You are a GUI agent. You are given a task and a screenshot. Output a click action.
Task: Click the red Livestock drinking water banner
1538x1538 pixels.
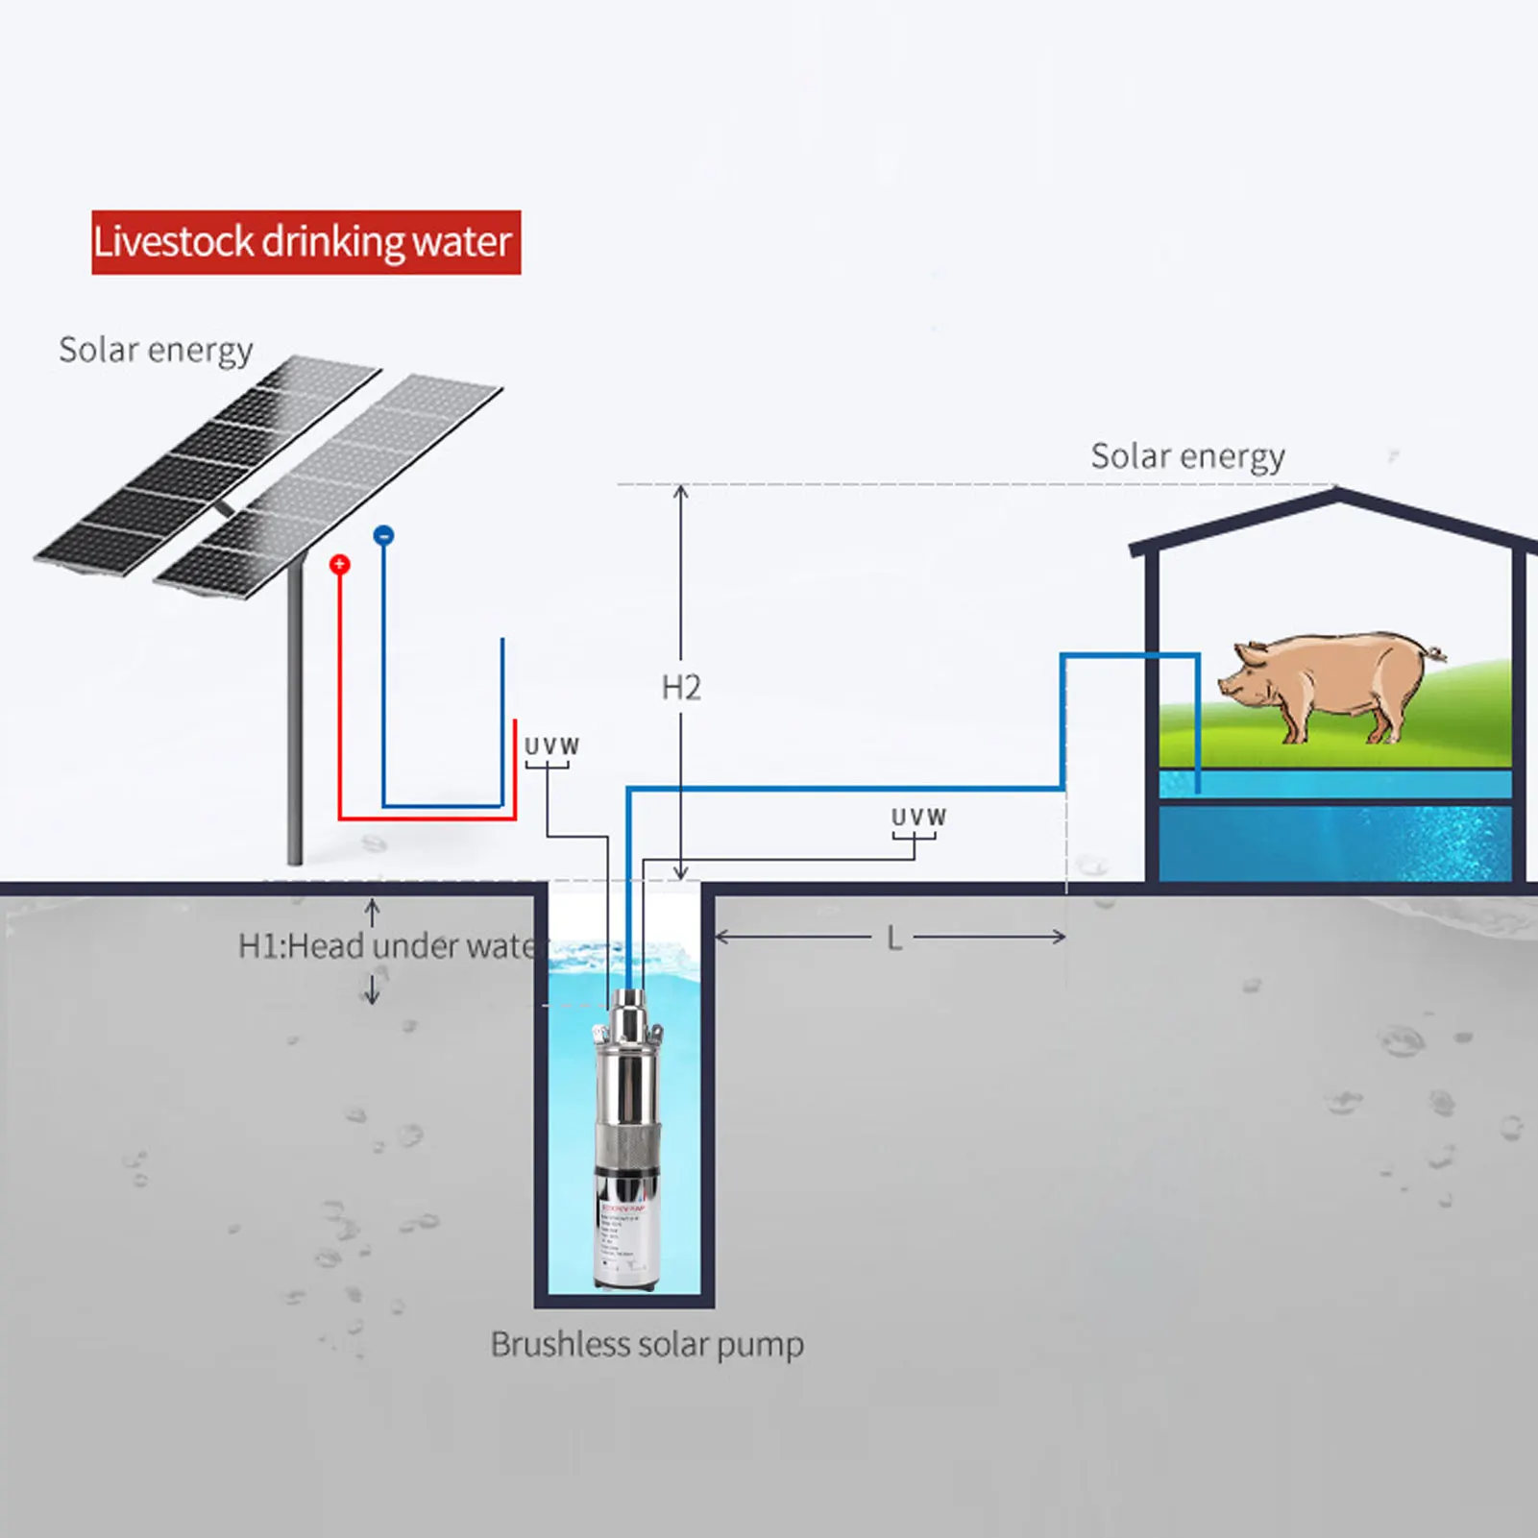pos(305,242)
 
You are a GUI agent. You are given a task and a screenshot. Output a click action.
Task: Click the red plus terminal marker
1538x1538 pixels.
pos(339,564)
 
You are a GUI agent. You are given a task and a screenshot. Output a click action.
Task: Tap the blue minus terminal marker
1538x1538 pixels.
pos(383,535)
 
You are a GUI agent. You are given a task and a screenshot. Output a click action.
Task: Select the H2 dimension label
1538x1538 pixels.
pos(681,688)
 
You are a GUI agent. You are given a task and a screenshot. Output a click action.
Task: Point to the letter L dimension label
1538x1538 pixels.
pos(894,939)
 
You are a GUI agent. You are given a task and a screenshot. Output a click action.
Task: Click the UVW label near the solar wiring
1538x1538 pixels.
pos(551,746)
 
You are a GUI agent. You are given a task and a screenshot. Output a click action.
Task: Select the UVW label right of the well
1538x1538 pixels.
pos(918,818)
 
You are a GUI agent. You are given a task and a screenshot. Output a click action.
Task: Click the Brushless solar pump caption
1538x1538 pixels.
pos(647,1344)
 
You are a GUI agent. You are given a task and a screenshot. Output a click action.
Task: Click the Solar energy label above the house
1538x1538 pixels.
pos(1187,456)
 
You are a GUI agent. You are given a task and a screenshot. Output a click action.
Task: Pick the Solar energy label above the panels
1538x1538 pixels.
pos(156,350)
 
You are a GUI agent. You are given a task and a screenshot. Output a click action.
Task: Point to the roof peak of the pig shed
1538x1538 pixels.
pos(1336,494)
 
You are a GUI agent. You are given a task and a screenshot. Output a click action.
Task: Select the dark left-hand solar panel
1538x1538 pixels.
pos(207,466)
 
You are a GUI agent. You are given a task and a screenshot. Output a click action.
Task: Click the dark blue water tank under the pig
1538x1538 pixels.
pos(1334,842)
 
